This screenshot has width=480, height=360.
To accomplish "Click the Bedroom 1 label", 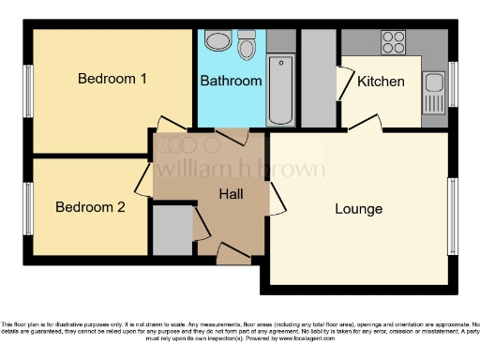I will [x=112, y=79].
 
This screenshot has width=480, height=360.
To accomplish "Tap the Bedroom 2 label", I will [x=89, y=207].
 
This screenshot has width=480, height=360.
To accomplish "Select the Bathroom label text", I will [x=231, y=82].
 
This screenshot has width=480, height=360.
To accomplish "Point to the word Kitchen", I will [x=382, y=82].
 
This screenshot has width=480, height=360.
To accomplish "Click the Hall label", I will [x=232, y=195].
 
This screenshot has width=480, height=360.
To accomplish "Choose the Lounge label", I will [x=358, y=208].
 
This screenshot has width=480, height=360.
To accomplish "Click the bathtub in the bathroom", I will [x=280, y=91].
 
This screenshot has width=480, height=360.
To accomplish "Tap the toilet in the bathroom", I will [x=247, y=46].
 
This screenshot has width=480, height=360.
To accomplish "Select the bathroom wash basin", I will [x=217, y=40].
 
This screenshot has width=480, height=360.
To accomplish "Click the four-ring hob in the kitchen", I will [x=392, y=41].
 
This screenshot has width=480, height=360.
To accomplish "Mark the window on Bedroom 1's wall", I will [x=28, y=91].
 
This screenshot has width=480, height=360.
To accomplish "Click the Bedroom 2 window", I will [x=28, y=206].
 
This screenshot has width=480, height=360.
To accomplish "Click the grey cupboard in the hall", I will [x=170, y=230].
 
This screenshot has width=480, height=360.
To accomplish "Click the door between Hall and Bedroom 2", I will [x=143, y=178].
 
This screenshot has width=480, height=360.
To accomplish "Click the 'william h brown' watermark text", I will [x=240, y=169].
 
